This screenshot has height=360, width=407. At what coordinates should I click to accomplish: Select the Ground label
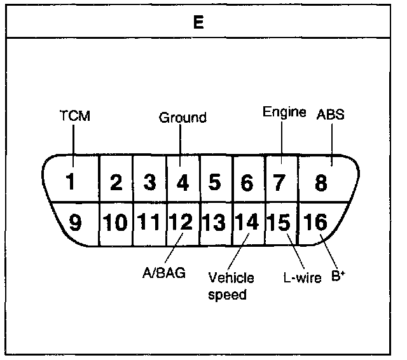pos(183,118)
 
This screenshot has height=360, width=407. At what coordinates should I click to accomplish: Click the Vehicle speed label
pos(231,286)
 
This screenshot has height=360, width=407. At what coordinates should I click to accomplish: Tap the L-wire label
pos(301,278)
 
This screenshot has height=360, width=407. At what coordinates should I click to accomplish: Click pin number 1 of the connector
pos(72,183)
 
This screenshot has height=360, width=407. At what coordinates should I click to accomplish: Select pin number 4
pos(183,183)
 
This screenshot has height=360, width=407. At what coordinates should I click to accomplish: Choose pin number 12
pos(181,223)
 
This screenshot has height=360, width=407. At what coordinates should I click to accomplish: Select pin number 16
pos(316,223)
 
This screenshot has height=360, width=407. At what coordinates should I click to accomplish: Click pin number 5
pos(215,183)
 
